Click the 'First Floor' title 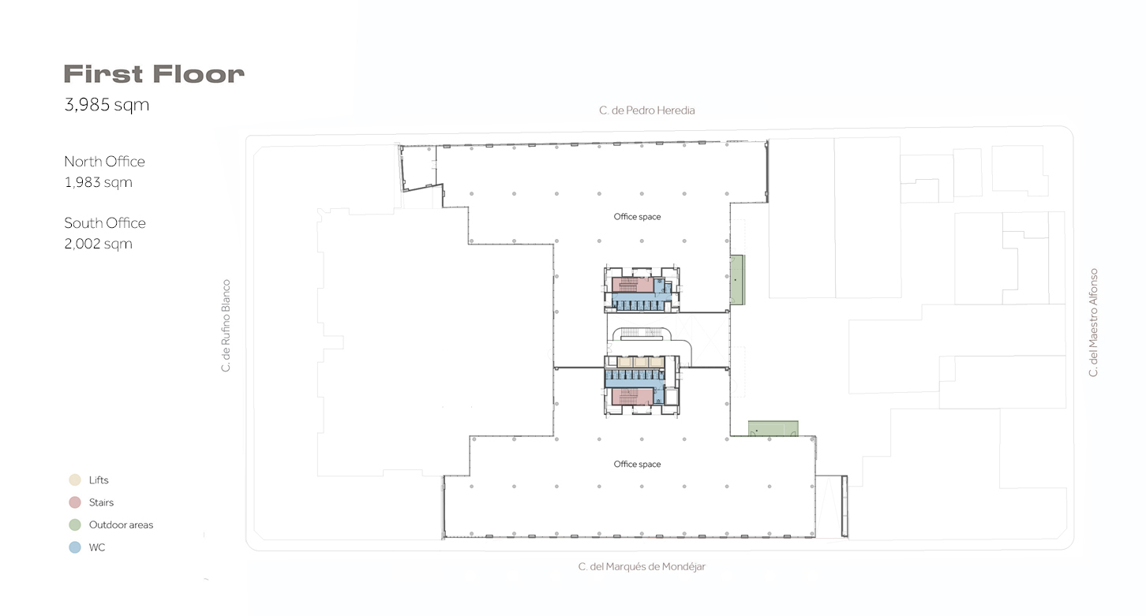tap(154, 74)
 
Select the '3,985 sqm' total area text tap(107, 105)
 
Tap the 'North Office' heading tap(104, 162)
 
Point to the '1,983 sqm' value tap(98, 182)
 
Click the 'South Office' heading tap(105, 223)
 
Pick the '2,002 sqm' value tap(98, 244)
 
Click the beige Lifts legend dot tap(75, 480)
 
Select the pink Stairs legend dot tap(75, 502)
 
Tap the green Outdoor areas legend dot tap(75, 525)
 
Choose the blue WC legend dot tap(75, 547)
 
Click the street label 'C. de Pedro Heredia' tap(646, 110)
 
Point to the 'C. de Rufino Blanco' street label tap(226, 326)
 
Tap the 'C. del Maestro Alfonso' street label tap(1093, 323)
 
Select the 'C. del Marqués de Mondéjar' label tap(642, 566)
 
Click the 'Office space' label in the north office tap(637, 217)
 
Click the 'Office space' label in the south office tap(637, 465)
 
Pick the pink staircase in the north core tap(633, 285)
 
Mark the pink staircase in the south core tap(633, 396)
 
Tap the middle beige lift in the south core tap(641, 362)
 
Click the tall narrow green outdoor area tap(736, 280)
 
